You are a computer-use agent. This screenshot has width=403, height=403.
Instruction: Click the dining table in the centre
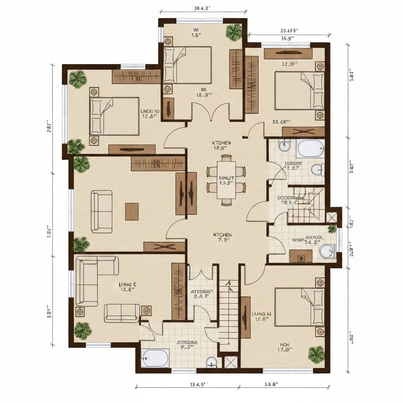point(226,180)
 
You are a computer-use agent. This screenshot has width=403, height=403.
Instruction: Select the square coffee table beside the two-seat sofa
point(132,211)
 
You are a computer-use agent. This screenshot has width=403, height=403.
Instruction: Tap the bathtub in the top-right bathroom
point(311,149)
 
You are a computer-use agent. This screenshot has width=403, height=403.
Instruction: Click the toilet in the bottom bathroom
point(211,361)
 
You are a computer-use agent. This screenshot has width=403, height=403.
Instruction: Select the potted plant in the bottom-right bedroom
point(316,354)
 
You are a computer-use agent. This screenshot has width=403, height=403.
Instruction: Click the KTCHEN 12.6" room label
point(222,146)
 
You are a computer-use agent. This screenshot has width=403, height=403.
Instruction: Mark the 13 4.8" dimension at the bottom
point(196,385)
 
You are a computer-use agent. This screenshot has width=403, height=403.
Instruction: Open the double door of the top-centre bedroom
point(211,111)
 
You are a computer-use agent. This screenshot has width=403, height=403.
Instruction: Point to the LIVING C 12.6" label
point(127,286)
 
